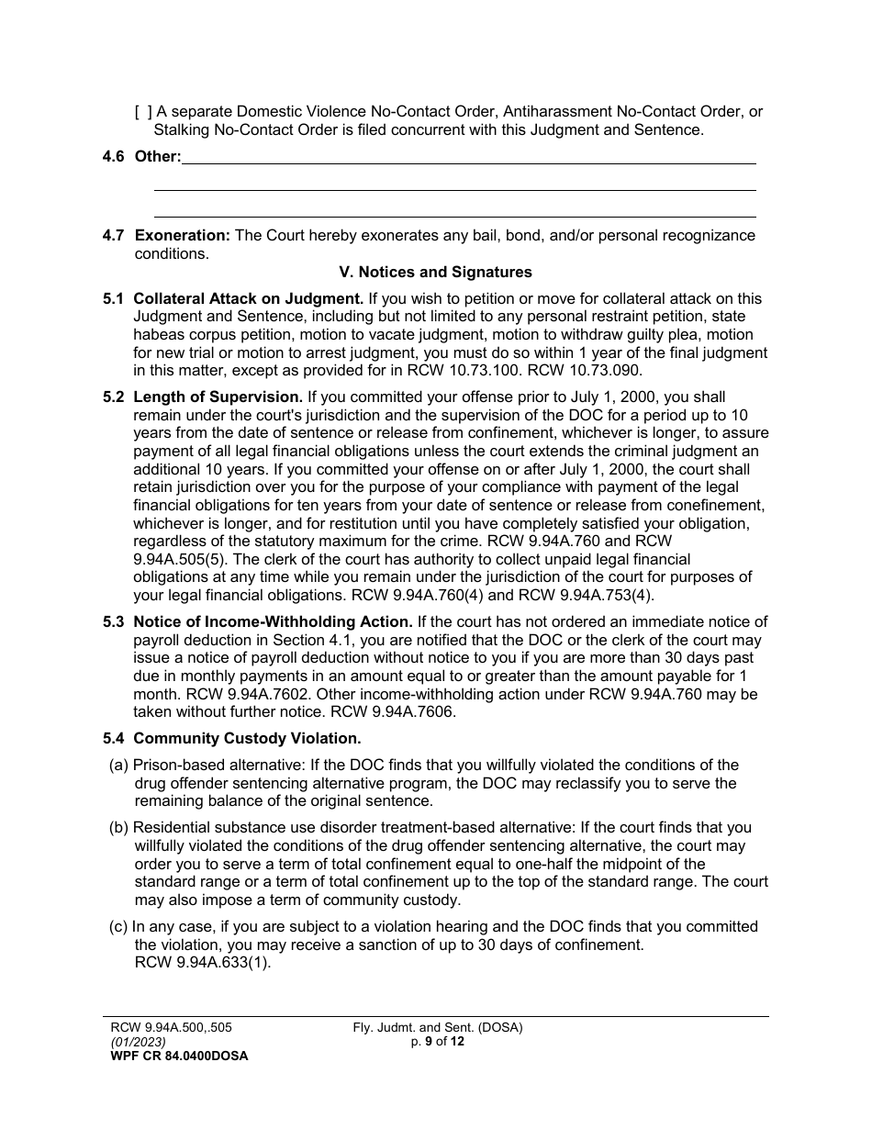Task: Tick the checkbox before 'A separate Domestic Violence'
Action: click(143, 112)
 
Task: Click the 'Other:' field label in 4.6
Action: click(158, 157)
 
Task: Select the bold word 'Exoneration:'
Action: click(183, 236)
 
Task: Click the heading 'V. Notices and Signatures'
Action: click(435, 273)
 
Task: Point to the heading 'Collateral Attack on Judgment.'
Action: click(249, 299)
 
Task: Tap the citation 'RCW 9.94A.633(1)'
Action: click(203, 963)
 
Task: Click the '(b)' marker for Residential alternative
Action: click(119, 828)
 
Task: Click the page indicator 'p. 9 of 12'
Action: click(438, 1042)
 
